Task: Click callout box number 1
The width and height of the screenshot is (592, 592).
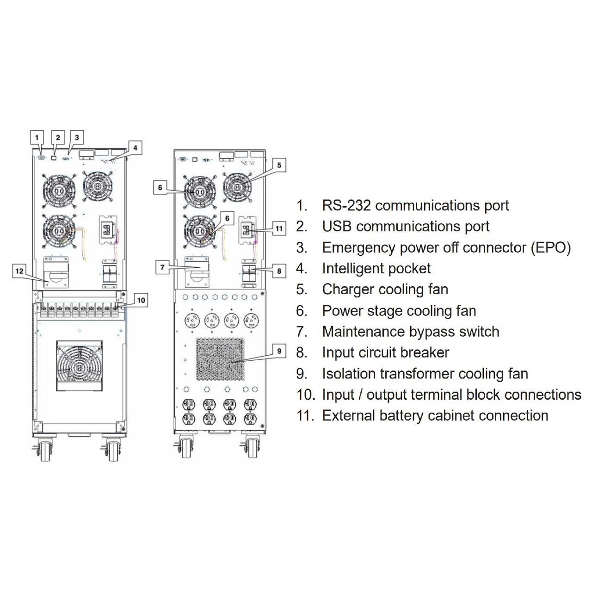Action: coord(37,137)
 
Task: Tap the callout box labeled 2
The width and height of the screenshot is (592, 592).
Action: coord(58,137)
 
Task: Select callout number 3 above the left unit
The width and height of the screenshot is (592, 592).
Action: coord(77,137)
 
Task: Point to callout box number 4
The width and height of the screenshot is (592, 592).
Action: coord(135,148)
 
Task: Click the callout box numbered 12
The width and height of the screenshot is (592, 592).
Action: coord(19,271)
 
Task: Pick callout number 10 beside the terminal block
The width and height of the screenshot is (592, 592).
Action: coord(141,300)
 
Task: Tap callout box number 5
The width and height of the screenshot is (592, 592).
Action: coord(279,165)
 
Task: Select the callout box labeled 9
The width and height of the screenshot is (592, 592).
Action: coord(279,351)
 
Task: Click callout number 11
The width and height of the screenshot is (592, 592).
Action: coord(279,228)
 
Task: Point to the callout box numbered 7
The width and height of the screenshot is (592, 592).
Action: coord(162,267)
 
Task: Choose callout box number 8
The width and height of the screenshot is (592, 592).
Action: coord(279,271)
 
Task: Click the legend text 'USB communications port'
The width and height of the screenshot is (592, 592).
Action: coord(405,227)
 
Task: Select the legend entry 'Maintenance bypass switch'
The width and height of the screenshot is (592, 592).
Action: coord(410,332)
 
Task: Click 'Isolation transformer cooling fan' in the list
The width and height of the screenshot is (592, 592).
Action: coord(425,374)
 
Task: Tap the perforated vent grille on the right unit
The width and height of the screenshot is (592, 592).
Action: coord(220,359)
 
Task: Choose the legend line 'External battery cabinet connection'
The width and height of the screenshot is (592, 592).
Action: coord(435,415)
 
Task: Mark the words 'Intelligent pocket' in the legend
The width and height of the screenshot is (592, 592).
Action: coord(376,269)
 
